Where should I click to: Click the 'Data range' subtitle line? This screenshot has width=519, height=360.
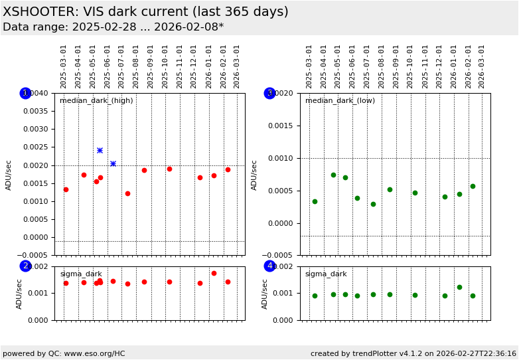click(113, 27)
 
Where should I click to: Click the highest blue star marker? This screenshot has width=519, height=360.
click(100, 150)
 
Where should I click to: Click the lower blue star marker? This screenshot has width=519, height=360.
click(113, 163)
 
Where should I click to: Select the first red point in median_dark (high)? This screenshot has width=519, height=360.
click(66, 189)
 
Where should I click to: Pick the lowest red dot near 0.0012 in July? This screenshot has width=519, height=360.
click(127, 193)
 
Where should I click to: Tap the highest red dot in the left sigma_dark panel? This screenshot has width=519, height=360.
click(214, 273)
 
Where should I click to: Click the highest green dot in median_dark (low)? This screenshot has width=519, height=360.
click(333, 175)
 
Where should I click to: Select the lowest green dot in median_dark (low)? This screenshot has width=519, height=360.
click(373, 204)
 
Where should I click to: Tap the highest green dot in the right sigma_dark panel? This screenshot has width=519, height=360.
click(459, 287)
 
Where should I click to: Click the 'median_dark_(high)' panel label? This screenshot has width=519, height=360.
click(96, 101)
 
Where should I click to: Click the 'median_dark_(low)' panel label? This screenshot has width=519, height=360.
click(340, 101)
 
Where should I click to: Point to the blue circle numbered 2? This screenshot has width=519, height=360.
click(25, 266)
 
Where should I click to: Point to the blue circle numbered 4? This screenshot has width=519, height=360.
click(269, 266)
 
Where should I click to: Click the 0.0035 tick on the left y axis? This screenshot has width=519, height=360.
click(34, 111)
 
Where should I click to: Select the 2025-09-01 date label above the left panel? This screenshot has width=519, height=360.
click(151, 66)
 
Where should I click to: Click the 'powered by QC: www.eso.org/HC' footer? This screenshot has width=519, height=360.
click(64, 353)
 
